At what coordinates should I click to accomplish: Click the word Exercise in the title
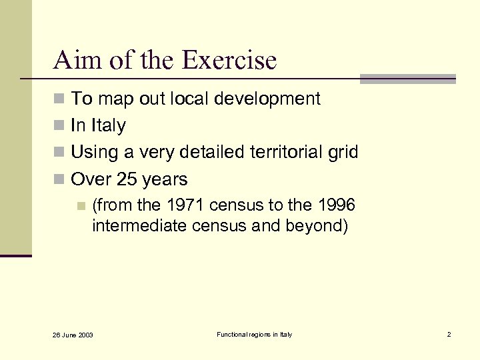pos(229,61)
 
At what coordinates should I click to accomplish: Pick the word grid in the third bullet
pos(343,153)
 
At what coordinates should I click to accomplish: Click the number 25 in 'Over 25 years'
pos(127,179)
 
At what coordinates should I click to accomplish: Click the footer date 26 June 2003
pos(74,335)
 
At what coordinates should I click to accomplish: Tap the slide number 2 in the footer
pos(449,334)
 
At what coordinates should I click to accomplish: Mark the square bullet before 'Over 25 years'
pos(59,180)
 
